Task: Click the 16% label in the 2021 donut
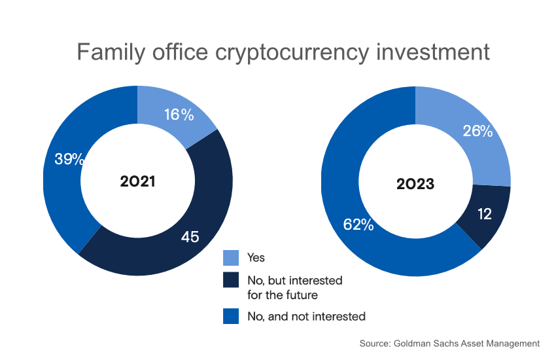[179, 115]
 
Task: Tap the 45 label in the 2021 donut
[190, 236]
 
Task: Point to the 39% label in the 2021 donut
[69, 159]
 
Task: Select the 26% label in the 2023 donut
[478, 132]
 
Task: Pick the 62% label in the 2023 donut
[358, 225]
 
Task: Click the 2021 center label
[137, 181]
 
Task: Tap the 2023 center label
[415, 184]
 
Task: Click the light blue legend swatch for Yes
[231, 258]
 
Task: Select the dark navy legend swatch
[231, 280]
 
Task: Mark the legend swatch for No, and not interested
[231, 316]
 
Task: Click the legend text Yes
[256, 258]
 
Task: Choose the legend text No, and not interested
[305, 316]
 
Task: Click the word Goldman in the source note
[414, 343]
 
